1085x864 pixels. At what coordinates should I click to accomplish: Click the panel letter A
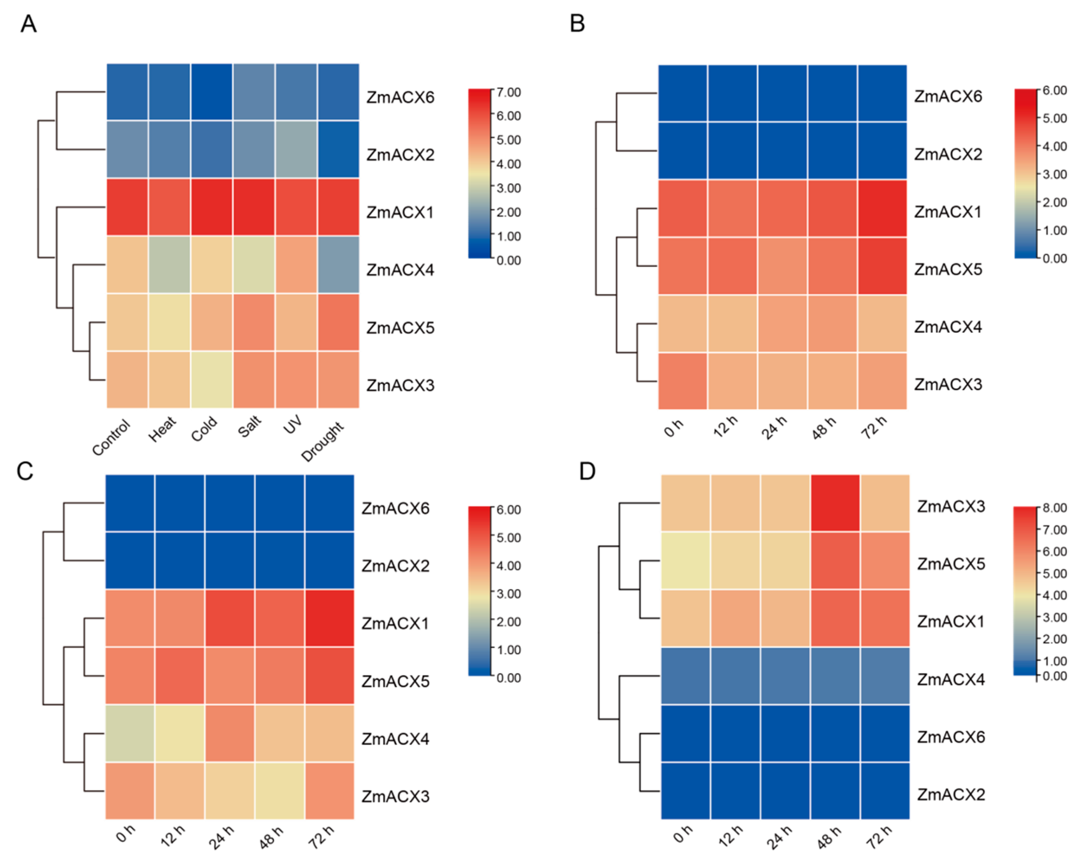tap(29, 24)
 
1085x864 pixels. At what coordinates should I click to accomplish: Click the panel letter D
tap(587, 472)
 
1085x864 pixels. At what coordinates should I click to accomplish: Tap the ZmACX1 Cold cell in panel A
tap(211, 207)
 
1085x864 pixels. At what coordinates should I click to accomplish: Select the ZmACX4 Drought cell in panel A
tap(338, 265)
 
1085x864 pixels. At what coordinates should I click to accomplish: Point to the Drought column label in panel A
tap(322, 441)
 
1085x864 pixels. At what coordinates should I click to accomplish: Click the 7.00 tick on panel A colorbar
tap(508, 92)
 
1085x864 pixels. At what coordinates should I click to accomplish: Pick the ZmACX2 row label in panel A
tap(400, 154)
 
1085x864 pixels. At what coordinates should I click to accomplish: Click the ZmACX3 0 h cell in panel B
tap(682, 381)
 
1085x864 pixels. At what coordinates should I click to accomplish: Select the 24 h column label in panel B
tap(774, 428)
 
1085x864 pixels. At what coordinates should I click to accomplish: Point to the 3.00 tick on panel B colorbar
tap(1054, 174)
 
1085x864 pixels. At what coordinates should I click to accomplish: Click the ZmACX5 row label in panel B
tap(948, 269)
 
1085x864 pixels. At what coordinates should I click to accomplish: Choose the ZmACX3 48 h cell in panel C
tap(279, 791)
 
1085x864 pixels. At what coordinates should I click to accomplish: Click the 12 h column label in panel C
tap(173, 836)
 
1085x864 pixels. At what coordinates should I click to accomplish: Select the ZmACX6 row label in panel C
tap(395, 508)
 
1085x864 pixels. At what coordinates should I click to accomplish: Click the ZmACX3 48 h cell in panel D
tap(835, 503)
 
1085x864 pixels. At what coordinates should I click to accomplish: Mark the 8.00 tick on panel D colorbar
tap(1054, 507)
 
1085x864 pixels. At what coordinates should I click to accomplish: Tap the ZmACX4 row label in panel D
tap(951, 679)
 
